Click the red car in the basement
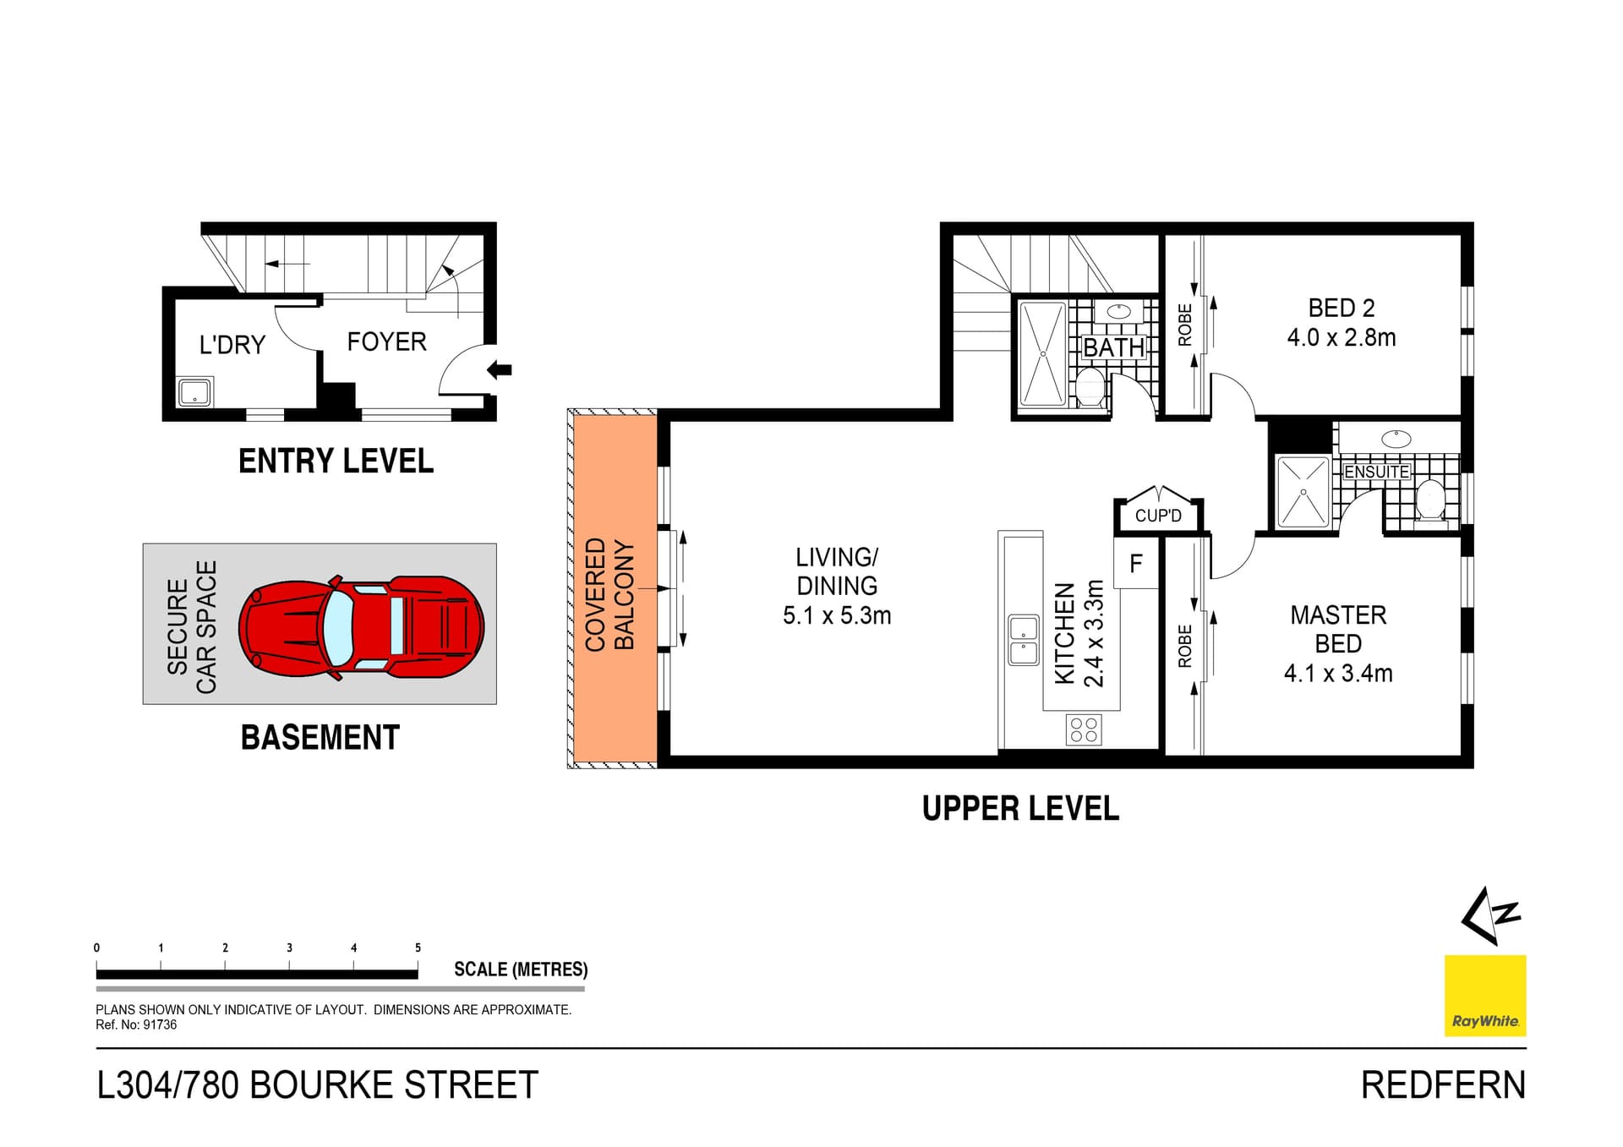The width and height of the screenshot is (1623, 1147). tap(361, 626)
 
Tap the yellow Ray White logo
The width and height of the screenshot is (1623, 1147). tap(1484, 995)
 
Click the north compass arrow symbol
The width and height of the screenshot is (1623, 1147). tap(1489, 915)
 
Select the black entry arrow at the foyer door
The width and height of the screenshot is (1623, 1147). tap(500, 369)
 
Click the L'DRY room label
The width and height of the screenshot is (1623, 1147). tap(232, 345)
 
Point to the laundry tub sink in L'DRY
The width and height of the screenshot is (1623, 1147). tap(194, 392)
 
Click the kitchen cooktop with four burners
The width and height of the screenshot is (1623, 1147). tap(1084, 729)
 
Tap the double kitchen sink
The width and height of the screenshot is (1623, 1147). tap(1024, 640)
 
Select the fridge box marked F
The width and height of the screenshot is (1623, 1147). tap(1135, 563)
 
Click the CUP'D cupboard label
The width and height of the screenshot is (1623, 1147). tap(1157, 516)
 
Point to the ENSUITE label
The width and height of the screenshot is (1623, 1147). tap(1376, 472)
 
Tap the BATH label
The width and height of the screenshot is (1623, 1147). tap(1113, 347)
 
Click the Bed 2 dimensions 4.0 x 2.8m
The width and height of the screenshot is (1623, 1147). tap(1341, 338)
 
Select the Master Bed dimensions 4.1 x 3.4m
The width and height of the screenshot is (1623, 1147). tap(1337, 674)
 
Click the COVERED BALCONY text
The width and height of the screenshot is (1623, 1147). tap(609, 593)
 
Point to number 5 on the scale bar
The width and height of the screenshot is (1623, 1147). tap(418, 948)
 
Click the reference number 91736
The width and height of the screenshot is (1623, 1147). tap(160, 1024)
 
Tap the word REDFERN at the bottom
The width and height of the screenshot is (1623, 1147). tap(1442, 1085)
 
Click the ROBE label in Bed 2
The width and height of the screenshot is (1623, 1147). tap(1184, 325)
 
